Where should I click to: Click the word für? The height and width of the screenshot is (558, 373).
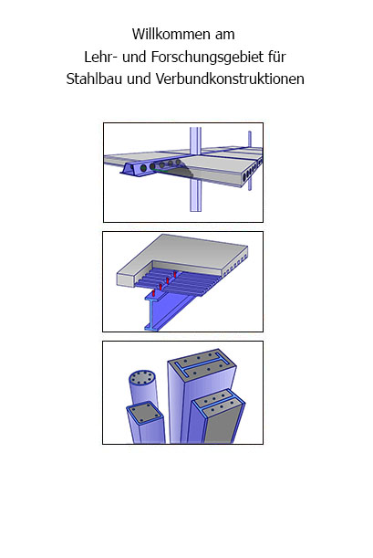coord(277,57)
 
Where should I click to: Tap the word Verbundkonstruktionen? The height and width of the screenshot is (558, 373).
coord(230,79)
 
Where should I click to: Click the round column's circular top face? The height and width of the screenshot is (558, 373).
coord(142,377)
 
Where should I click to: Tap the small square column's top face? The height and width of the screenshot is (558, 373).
coord(145,413)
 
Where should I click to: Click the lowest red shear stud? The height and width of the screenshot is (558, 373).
coord(153,293)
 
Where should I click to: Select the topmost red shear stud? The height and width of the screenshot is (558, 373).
coord(175,274)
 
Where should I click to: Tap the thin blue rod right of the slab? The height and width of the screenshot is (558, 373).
coord(250,160)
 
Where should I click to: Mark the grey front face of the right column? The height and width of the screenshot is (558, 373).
coord(222,426)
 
